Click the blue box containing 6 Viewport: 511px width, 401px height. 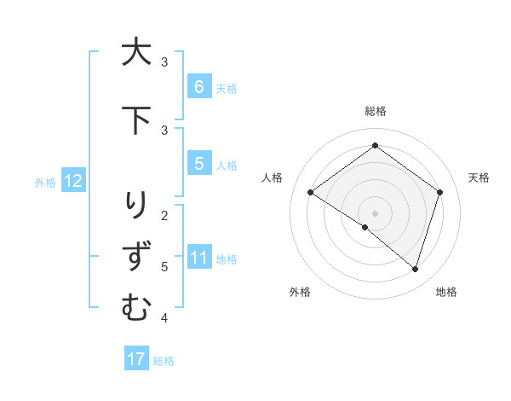[x=198, y=87]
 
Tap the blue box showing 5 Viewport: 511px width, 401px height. [x=198, y=164]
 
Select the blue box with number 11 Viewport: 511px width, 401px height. [x=198, y=258]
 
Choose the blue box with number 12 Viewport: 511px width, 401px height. [x=72, y=181]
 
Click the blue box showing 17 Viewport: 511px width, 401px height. [x=136, y=359]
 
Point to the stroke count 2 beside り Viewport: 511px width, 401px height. [x=164, y=215]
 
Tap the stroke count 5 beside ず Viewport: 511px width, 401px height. [x=164, y=267]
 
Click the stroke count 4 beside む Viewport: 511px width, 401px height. [x=164, y=318]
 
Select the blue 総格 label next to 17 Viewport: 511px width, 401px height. [x=164, y=361]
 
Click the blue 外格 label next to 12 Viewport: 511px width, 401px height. [x=45, y=182]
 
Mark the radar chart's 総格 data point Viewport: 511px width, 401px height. [x=375, y=146]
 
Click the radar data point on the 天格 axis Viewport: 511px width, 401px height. [x=440, y=192]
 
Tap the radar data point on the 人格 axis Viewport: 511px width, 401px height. [x=310, y=192]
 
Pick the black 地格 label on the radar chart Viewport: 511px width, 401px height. [x=446, y=292]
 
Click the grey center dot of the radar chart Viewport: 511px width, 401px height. [x=375, y=212]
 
